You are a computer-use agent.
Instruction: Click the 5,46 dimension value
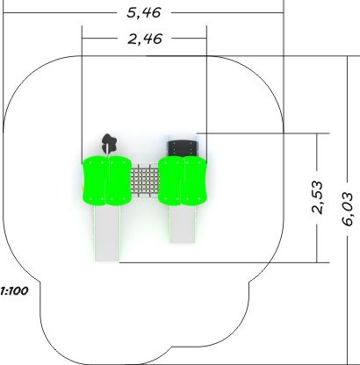144,13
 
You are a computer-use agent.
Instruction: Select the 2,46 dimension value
145,39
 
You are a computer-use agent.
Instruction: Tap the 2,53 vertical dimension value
318,197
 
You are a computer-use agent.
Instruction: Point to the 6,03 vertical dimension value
348,209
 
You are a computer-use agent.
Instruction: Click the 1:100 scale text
14,291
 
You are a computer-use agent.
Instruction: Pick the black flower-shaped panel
109,142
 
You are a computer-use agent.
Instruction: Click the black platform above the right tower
182,148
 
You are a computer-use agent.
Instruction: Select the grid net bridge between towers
145,179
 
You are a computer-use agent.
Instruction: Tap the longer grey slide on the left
107,233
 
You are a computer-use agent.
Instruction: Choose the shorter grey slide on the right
183,225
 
